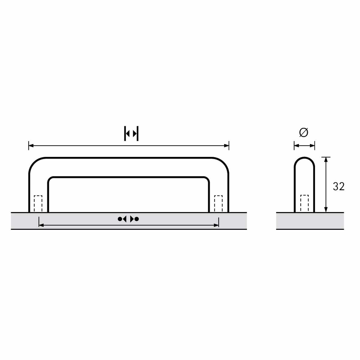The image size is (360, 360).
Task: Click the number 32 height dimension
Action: (338, 186)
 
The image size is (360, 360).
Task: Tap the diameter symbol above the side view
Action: (304, 132)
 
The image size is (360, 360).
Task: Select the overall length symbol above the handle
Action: (131, 133)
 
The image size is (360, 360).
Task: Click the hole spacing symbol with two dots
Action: (128, 219)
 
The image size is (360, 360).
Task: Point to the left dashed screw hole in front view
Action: (38, 204)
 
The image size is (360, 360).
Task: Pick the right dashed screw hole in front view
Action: (218, 204)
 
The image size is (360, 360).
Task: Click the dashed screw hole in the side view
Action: (304, 203)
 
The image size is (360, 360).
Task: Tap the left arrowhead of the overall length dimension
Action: (31, 145)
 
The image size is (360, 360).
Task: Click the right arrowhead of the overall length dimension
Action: (226, 145)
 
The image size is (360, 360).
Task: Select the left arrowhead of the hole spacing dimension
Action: (41, 225)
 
